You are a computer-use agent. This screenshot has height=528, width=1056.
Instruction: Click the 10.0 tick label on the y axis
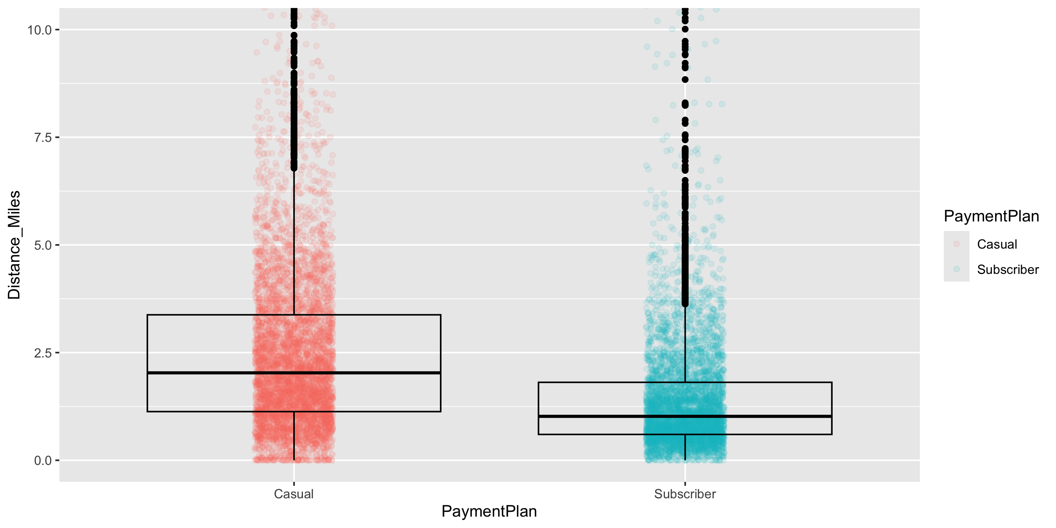pyautogui.click(x=39, y=30)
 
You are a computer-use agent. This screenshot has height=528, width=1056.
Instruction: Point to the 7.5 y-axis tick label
pyautogui.click(x=43, y=138)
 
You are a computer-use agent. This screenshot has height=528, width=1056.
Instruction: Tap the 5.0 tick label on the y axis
pyautogui.click(x=43, y=246)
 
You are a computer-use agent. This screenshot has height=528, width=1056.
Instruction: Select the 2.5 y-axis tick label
pyautogui.click(x=43, y=353)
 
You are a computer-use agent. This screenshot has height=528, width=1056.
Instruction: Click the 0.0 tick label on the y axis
pyautogui.click(x=43, y=461)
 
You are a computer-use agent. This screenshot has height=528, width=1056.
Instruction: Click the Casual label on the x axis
pyautogui.click(x=293, y=494)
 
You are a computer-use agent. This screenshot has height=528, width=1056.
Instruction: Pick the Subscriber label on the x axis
pyautogui.click(x=685, y=494)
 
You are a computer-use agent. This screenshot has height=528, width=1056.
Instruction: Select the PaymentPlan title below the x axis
pyautogui.click(x=489, y=511)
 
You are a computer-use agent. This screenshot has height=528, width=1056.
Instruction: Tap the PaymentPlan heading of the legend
pyautogui.click(x=991, y=216)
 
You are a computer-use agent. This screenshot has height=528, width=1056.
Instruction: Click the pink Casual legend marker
pyautogui.click(x=956, y=244)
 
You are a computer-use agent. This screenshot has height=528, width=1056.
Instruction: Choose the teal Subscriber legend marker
pyautogui.click(x=956, y=269)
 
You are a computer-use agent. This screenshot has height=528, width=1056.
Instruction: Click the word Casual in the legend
pyautogui.click(x=997, y=244)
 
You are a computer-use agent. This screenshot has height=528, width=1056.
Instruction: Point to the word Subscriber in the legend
pyautogui.click(x=1008, y=270)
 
